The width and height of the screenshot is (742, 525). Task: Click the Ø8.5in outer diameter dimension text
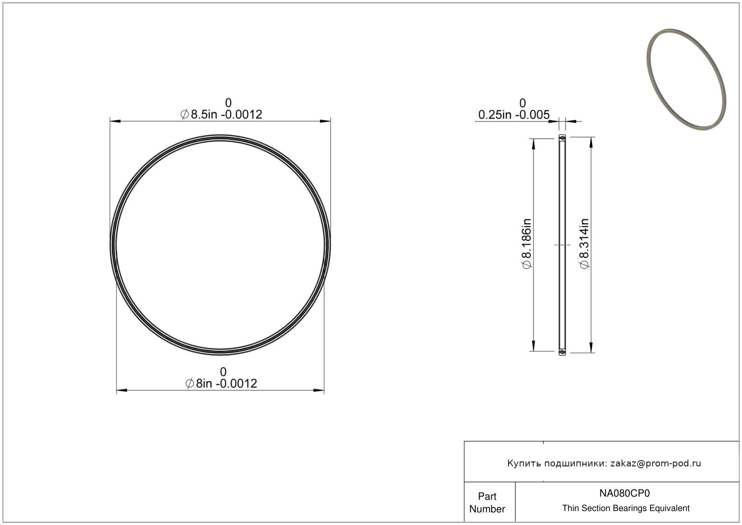pyautogui.click(x=221, y=114)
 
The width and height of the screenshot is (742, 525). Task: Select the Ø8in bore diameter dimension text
pyautogui.click(x=221, y=383)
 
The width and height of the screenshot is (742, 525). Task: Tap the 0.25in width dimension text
pyautogui.click(x=514, y=115)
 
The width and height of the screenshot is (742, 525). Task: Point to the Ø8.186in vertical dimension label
pyautogui.click(x=527, y=244)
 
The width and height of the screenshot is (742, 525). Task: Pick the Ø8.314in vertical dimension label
pyautogui.click(x=584, y=244)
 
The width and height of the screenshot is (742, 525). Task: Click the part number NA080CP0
pyautogui.click(x=624, y=493)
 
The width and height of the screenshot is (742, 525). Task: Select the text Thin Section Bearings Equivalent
pyautogui.click(x=625, y=508)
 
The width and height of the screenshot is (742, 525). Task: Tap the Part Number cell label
pyautogui.click(x=487, y=502)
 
